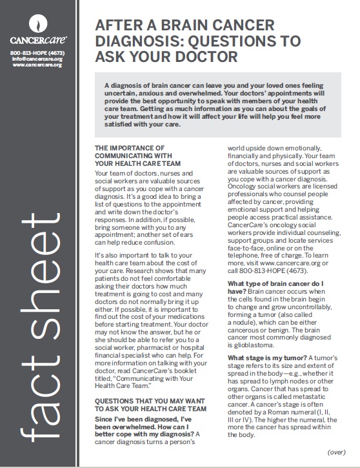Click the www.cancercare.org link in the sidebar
click(37, 66)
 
